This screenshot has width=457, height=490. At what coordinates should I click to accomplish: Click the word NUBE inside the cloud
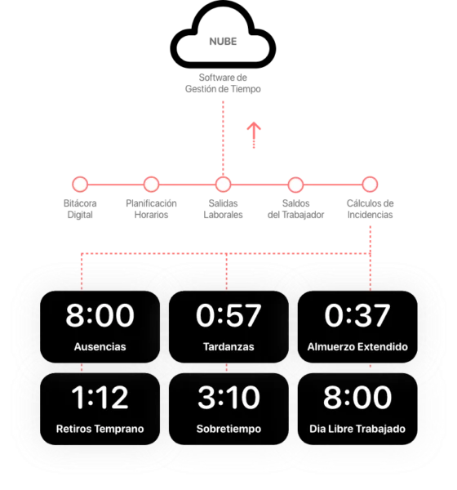coord(223,42)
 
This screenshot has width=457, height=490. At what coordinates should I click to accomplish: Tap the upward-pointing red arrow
coord(254,135)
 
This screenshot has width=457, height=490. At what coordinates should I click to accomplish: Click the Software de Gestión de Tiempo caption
coord(223,83)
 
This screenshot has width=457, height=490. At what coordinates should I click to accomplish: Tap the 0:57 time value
coord(228,315)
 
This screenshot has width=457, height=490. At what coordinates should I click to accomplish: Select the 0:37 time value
coord(357,315)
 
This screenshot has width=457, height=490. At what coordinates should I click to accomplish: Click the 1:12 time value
coord(100,397)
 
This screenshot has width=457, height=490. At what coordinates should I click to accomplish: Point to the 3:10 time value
coord(228,397)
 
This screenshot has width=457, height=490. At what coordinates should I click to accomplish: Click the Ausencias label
coord(100,346)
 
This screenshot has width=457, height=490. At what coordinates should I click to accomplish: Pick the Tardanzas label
coord(228,346)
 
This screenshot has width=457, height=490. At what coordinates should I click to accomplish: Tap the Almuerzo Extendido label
coord(357,346)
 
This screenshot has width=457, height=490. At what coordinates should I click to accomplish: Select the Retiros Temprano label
coord(100,429)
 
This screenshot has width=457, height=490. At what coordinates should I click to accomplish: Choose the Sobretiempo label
coord(228,429)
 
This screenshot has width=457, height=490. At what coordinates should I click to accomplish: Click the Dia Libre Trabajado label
coord(357,429)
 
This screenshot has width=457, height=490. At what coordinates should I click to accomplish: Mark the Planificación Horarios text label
coord(151,209)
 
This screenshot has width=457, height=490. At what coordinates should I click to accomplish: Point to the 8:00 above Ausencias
coord(100,315)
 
